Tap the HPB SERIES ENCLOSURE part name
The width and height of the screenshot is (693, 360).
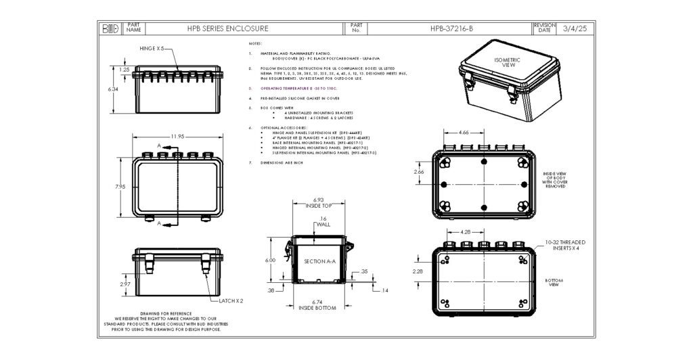[227, 29]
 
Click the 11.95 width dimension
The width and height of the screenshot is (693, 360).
[177, 137]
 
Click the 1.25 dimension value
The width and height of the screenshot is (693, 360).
[125, 69]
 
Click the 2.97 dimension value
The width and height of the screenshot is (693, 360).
[125, 284]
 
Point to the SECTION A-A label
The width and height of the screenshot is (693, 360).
[319, 261]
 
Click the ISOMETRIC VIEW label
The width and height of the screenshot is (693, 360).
[505, 62]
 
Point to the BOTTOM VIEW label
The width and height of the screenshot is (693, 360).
[555, 283]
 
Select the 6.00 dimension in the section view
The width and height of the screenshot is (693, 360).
[270, 260]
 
